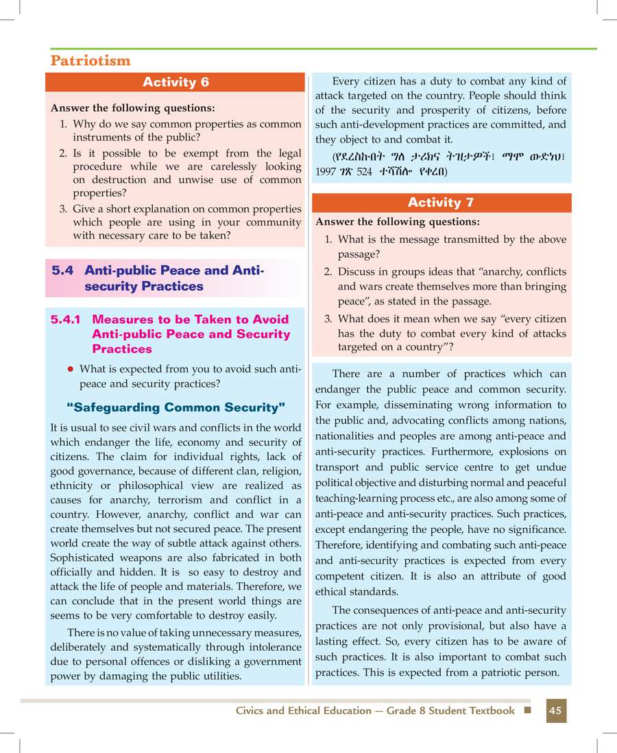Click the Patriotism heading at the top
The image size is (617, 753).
[x=90, y=60]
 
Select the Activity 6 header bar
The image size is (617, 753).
[x=175, y=82]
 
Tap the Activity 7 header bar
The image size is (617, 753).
[x=441, y=202]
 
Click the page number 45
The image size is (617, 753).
[x=555, y=710]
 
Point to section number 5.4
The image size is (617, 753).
[x=62, y=271]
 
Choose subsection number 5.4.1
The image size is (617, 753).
[x=67, y=320]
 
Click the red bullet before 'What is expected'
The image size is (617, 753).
[x=70, y=370]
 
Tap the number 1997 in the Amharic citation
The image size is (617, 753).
[x=326, y=171]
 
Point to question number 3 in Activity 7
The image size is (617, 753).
[x=328, y=319]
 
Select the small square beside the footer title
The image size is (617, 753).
[x=527, y=710]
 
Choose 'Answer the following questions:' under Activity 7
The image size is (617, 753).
[x=397, y=222]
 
